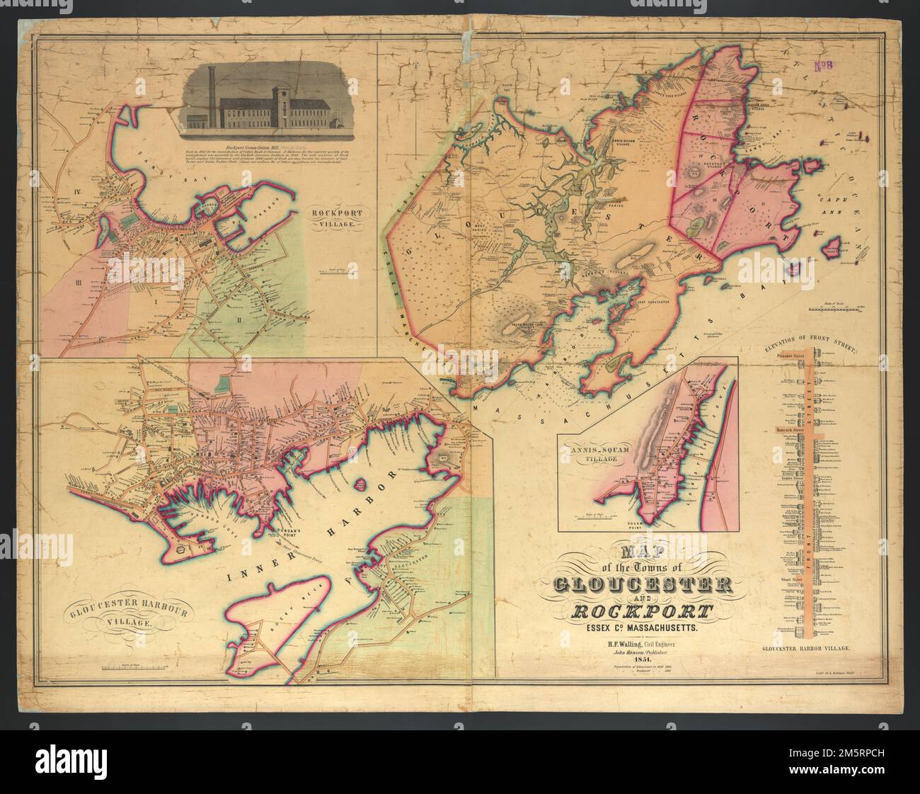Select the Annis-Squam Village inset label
(x=599, y=453)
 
